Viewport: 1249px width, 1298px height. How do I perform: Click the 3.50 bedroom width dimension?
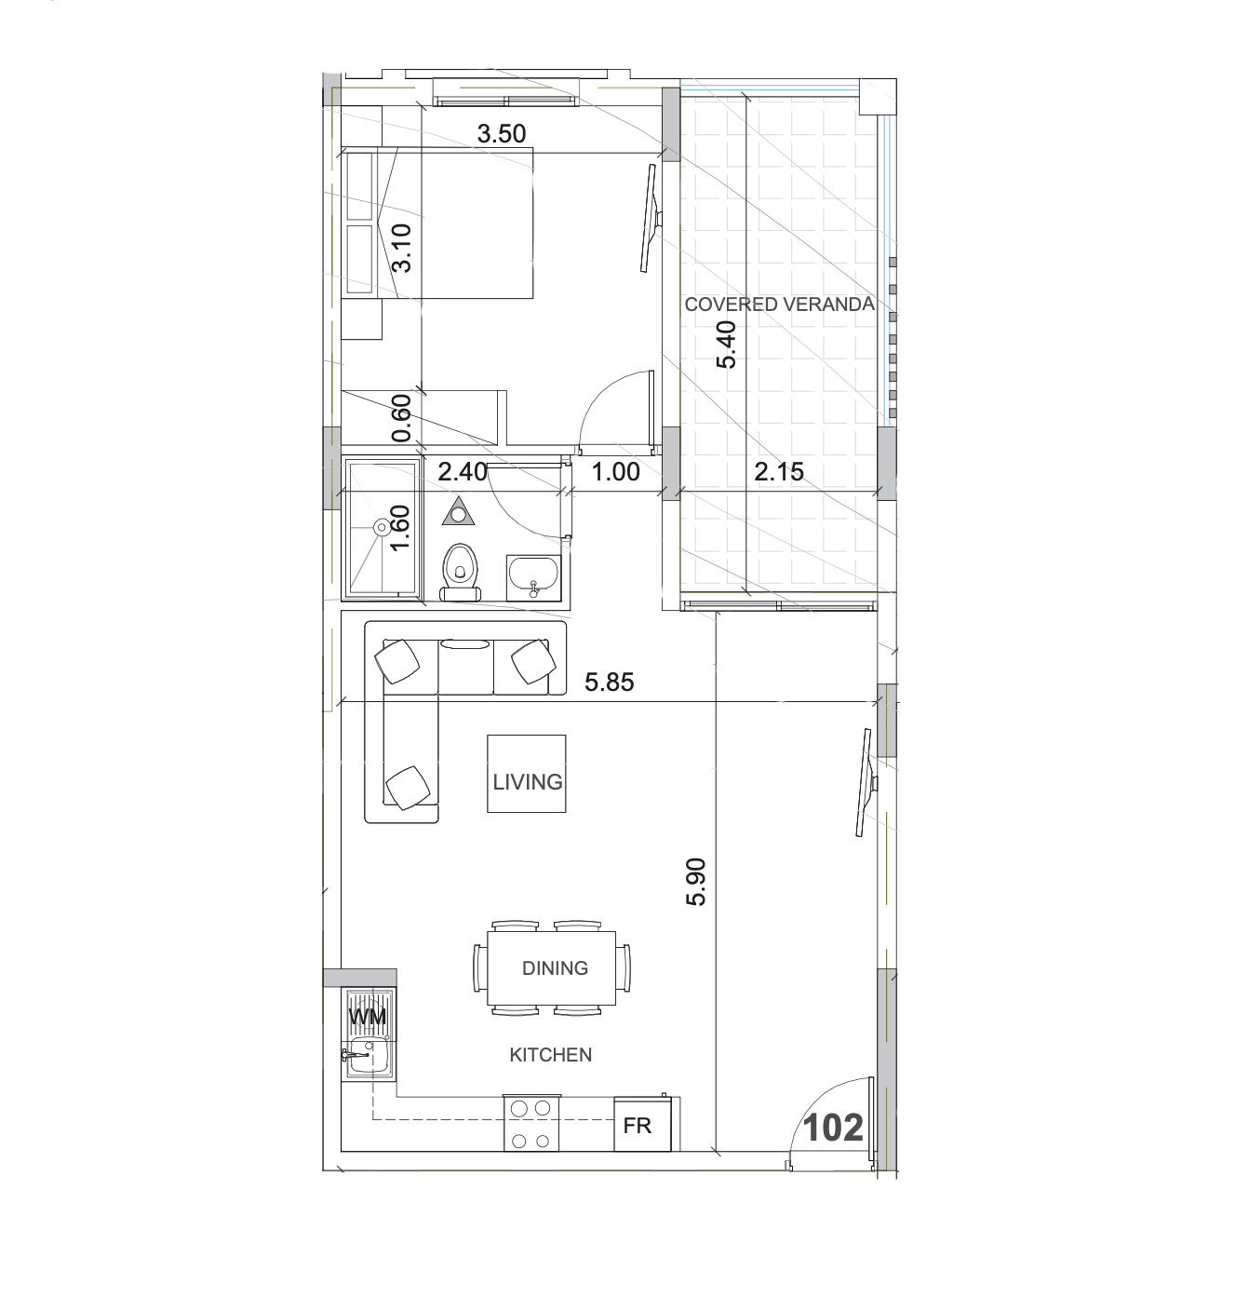pos(502,134)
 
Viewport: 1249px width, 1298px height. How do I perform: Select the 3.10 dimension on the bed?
pos(401,248)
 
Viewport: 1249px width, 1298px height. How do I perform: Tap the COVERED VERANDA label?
pos(779,304)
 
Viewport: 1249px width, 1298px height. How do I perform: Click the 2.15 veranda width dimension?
pos(779,472)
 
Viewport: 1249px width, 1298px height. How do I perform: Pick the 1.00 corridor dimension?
pos(616,472)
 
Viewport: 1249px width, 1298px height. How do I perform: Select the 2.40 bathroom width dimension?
pos(463,472)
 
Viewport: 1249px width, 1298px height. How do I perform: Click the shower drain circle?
pos(381,528)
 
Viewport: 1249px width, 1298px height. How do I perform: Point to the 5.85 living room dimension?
pos(610,683)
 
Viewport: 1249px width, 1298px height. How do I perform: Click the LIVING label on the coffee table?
pos(528,782)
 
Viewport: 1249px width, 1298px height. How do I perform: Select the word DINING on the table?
pos(555,968)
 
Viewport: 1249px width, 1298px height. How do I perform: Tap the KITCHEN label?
pos(551,1055)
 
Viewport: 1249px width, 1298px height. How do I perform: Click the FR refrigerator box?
pos(638,1127)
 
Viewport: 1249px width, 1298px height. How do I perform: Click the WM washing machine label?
pos(369,1018)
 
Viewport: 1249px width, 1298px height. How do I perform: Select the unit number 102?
pos(833,1129)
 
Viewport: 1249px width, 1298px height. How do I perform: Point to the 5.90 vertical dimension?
pos(696,882)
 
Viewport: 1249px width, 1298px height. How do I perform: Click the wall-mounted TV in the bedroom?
pos(651,220)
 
